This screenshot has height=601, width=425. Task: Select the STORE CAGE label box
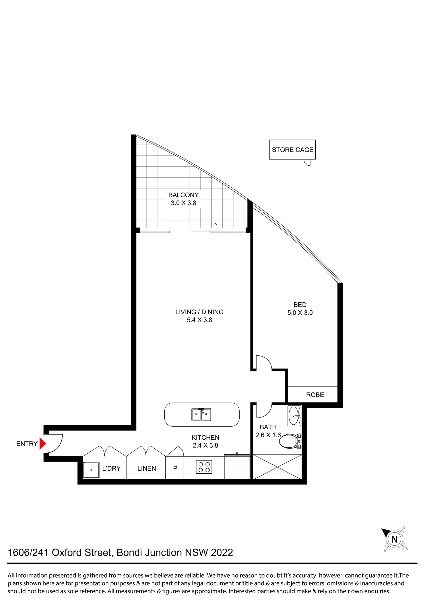tap(292, 149)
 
